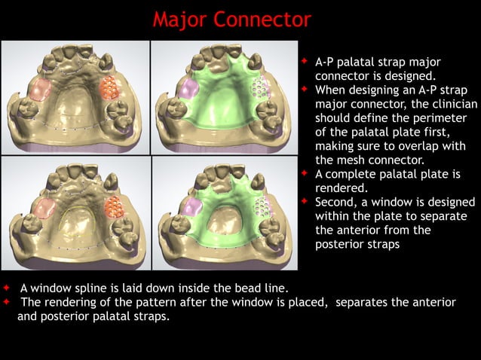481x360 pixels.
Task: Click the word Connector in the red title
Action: pyautogui.click(x=262, y=19)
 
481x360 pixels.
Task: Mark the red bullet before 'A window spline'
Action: pyautogui.click(x=7, y=288)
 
